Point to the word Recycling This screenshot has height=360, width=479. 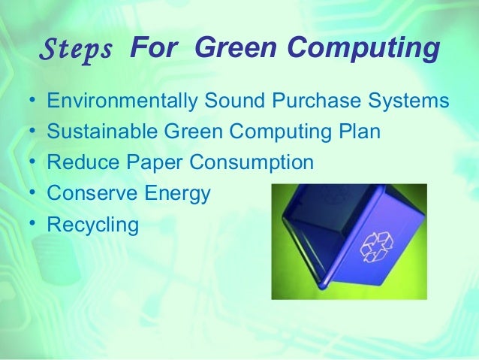tap(92, 225)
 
